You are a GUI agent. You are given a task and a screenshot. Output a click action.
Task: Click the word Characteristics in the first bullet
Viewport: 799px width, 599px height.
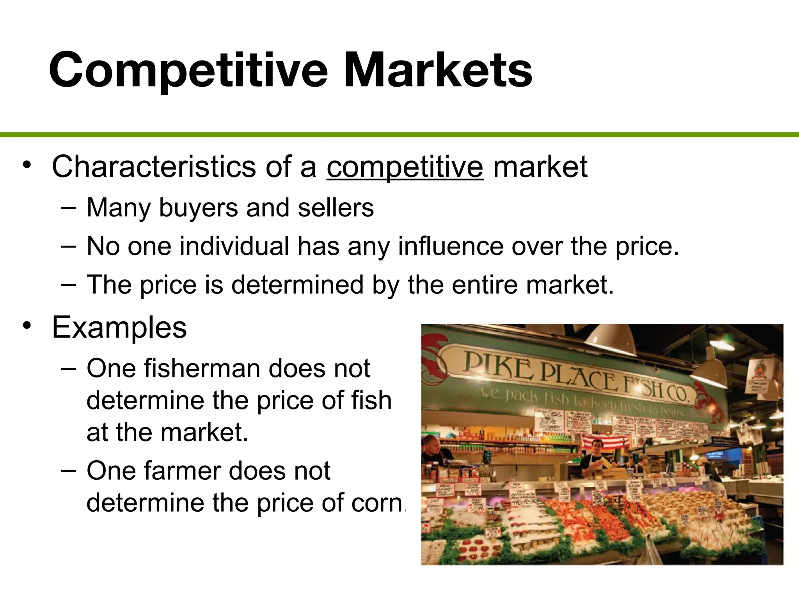(x=153, y=167)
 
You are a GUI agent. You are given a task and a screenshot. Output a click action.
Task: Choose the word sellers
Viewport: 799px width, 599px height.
(x=336, y=208)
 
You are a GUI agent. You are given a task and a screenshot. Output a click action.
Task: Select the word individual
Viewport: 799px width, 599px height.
(x=234, y=246)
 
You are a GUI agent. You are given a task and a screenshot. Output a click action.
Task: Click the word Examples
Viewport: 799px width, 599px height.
(x=119, y=328)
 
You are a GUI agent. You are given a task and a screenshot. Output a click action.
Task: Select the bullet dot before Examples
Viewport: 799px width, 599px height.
(x=27, y=325)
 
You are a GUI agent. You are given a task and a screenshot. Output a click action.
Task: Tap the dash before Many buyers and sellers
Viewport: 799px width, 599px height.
(x=69, y=207)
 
